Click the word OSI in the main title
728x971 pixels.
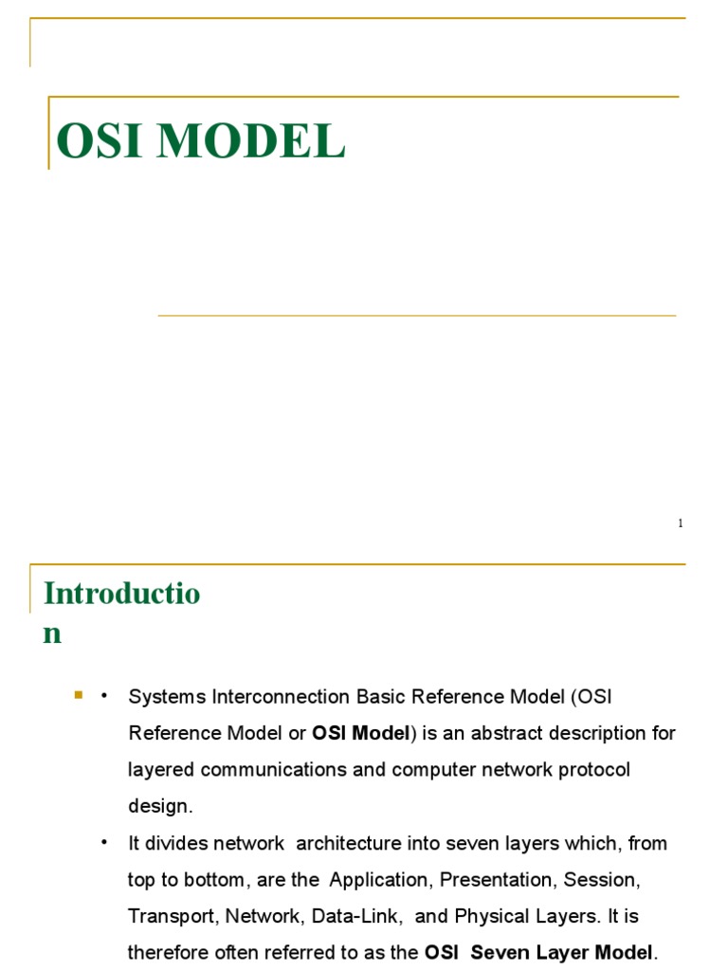point(97,142)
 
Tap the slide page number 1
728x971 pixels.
point(680,523)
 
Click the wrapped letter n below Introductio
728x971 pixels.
point(52,633)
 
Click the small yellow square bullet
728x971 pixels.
point(79,696)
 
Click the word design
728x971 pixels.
point(160,807)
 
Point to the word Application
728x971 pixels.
point(379,880)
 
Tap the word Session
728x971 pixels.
point(601,880)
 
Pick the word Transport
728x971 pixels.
point(167,916)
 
